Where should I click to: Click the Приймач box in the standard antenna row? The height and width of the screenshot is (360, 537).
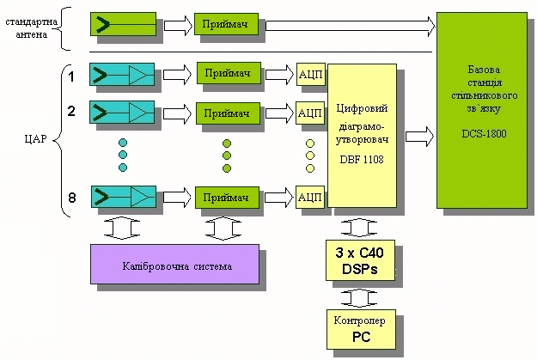(x=226, y=25)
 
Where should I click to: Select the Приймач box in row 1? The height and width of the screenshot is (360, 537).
(x=228, y=75)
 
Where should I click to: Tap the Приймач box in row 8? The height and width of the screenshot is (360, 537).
(x=228, y=197)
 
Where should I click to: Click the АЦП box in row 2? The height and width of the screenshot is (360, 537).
(x=309, y=113)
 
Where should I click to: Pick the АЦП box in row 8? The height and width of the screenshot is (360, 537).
(x=309, y=197)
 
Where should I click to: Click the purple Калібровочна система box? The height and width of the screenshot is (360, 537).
(x=174, y=264)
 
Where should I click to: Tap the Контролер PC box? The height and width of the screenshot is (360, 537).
(x=361, y=329)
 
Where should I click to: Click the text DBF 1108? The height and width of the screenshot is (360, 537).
(x=361, y=160)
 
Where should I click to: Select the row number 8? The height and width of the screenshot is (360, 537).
(x=72, y=198)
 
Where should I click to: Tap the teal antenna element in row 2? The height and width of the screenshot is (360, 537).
(x=122, y=112)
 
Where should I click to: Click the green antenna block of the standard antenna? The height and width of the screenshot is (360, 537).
(x=123, y=24)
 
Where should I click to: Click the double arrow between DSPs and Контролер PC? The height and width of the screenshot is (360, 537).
(x=361, y=296)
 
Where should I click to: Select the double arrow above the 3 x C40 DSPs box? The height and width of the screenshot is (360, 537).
(x=361, y=228)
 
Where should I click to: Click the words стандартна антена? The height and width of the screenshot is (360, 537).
(x=32, y=27)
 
